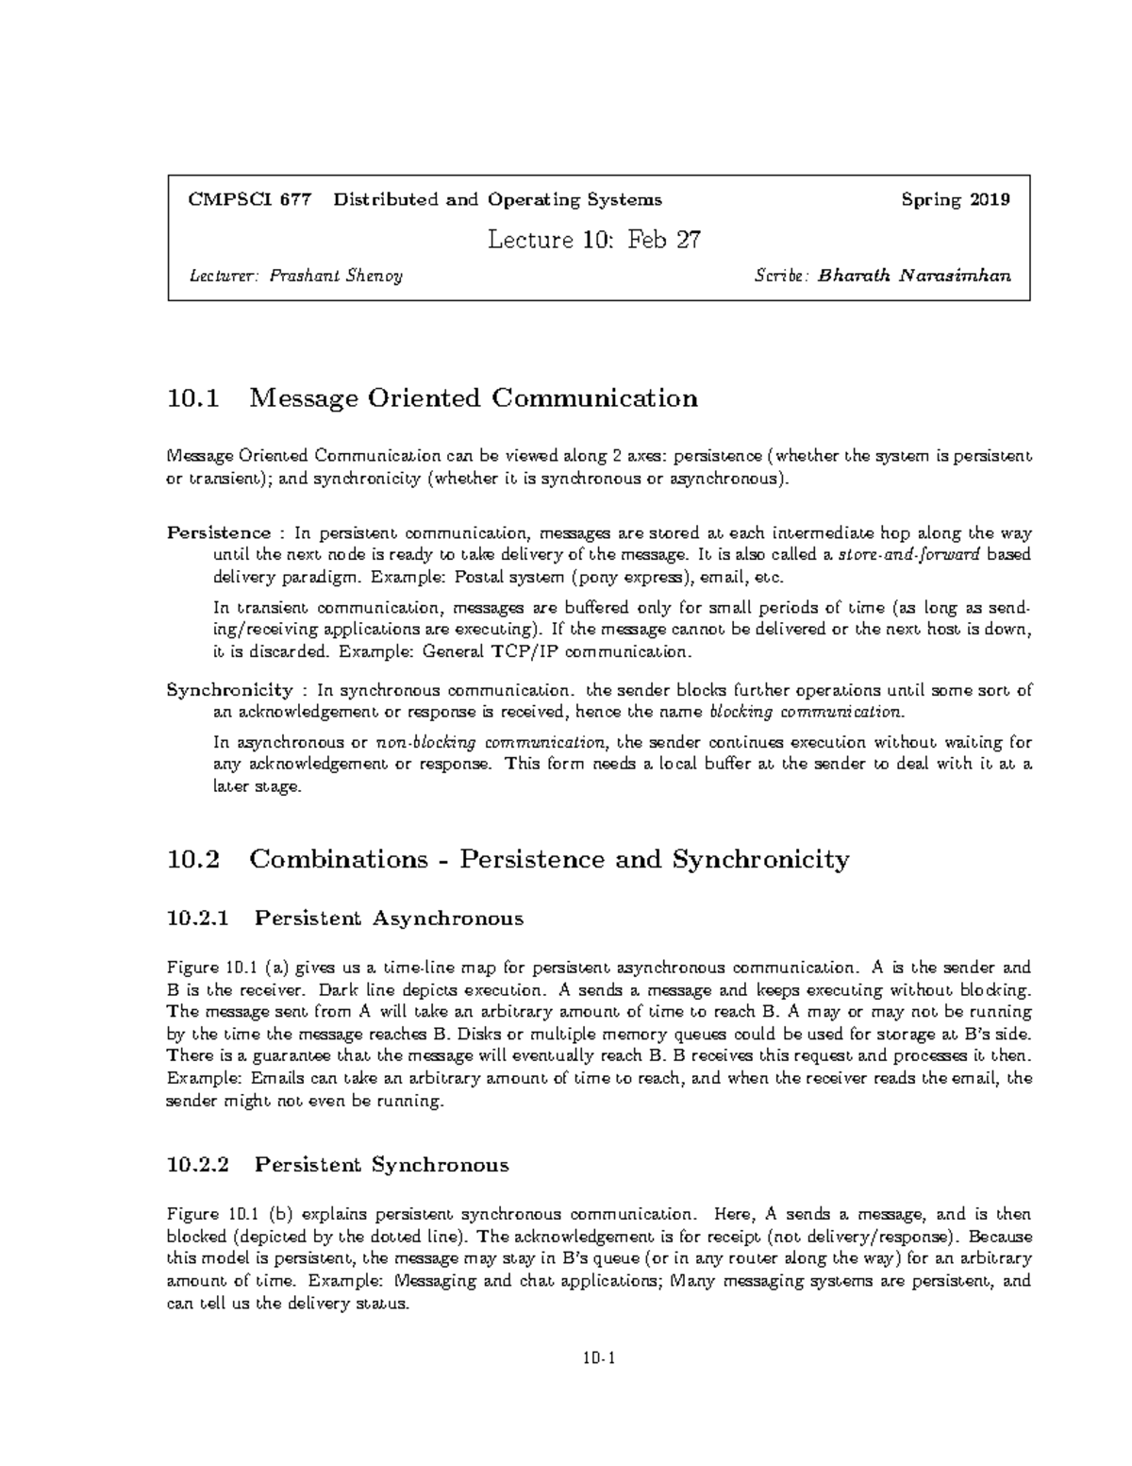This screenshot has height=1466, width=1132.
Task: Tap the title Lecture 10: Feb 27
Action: (593, 240)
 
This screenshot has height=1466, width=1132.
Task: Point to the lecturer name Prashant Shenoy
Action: (336, 277)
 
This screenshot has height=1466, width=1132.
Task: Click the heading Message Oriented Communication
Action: (473, 398)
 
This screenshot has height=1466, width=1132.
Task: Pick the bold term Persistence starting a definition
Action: (219, 532)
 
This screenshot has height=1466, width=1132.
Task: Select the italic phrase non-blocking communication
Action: (491, 742)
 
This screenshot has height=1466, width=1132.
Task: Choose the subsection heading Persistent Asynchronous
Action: (389, 918)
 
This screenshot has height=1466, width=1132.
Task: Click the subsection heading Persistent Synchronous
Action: (382, 1165)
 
